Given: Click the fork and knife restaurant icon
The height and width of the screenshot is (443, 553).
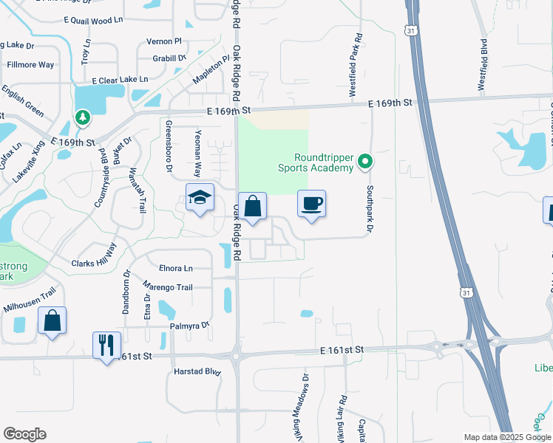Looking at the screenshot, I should pos(106,344).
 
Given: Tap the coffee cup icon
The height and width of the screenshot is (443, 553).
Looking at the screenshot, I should pos(311,203).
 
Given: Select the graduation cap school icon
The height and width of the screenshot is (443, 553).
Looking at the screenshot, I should pos(200,197).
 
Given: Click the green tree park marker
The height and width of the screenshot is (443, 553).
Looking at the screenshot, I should pos(82,117).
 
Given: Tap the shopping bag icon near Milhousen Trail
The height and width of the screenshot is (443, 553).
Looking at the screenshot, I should pos(52,320).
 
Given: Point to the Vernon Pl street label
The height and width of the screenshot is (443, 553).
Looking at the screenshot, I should pos(164,41).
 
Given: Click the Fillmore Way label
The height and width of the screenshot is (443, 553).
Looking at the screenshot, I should pos(30,65).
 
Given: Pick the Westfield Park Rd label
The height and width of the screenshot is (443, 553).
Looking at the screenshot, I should pos(356,66).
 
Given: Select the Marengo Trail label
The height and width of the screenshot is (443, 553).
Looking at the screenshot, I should pos(167,287).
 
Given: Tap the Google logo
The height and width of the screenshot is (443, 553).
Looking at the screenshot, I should pos(24,434).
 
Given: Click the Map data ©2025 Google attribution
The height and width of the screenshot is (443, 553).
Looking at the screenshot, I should pos(506,437).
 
